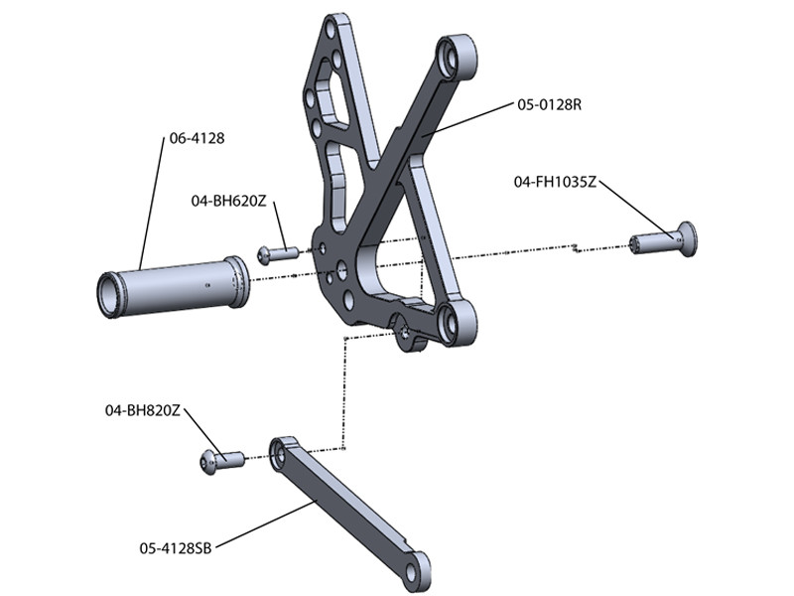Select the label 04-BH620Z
point(228,201)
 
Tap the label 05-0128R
point(548,103)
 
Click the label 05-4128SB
point(177,545)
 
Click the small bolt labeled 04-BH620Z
point(277,254)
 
